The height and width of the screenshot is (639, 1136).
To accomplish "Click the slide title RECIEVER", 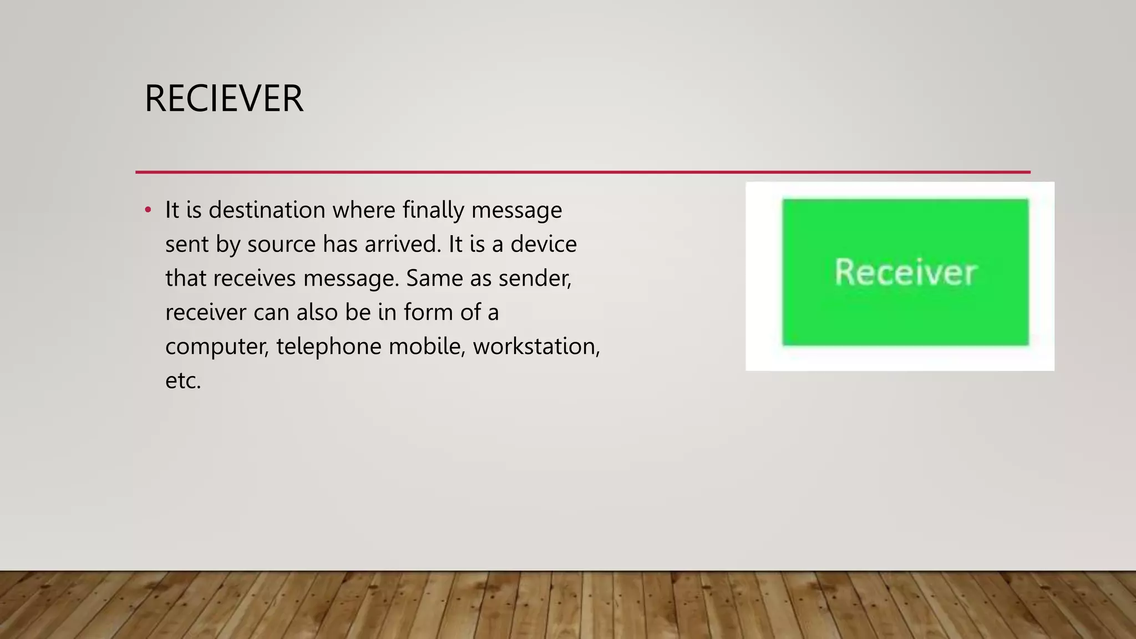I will [224, 99].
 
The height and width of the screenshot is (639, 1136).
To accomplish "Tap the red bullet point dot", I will [148, 210].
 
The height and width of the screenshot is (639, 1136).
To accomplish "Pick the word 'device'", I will [544, 244].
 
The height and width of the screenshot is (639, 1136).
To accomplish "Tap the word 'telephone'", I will [329, 347].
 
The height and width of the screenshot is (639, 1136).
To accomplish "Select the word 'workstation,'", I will [536, 347].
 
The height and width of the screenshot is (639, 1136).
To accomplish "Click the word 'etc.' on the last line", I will [183, 381].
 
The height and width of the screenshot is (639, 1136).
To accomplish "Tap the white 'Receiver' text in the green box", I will [905, 272].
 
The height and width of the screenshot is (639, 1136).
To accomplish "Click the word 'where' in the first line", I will [364, 210].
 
